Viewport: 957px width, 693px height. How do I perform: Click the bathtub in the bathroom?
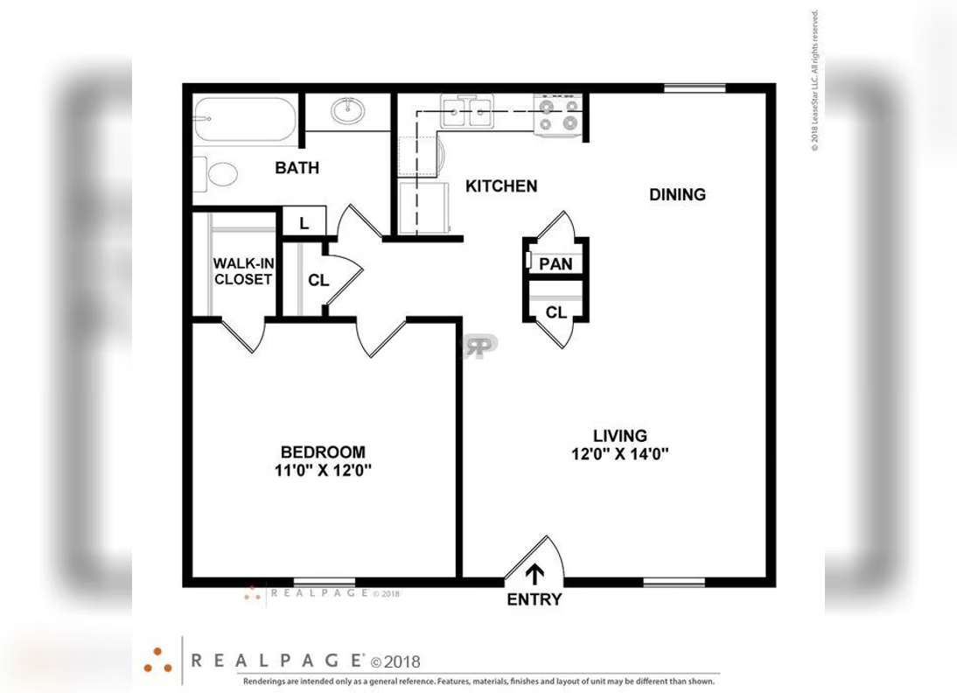coord(246,119)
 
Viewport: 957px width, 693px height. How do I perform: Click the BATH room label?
coord(297,168)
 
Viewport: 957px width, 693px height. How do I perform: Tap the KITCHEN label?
coord(501,185)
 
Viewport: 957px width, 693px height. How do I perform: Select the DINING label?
coord(677,194)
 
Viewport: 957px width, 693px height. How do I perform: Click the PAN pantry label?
coord(555,263)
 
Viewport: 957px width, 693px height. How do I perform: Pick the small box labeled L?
coord(304,223)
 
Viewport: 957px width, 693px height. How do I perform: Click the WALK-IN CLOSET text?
coord(242,271)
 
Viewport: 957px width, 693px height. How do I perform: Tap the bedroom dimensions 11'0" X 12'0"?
coord(323,470)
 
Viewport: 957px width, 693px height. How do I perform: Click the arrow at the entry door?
coord(534,572)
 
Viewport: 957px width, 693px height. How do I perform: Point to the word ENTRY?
coord(534,600)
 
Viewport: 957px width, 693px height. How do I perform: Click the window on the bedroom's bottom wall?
coord(324,582)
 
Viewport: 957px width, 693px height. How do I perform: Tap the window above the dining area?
coord(695,87)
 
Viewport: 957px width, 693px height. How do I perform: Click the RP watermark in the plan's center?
coord(480,344)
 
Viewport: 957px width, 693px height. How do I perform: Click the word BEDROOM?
coord(323,451)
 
